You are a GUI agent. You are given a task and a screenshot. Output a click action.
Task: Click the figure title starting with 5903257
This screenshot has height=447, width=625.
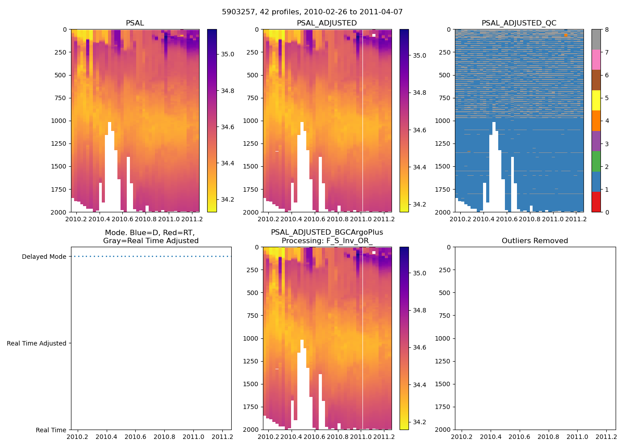[312, 12]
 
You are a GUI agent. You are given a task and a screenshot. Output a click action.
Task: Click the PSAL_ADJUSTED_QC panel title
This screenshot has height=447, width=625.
[519, 23]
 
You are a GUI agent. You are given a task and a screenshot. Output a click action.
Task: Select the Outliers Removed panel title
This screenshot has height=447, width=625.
[535, 241]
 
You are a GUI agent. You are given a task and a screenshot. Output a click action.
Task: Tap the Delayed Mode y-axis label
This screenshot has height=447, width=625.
[44, 257]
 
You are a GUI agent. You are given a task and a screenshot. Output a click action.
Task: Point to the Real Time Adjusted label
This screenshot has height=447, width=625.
[37, 343]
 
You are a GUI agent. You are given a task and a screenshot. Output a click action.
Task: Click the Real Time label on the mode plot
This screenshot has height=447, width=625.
[51, 430]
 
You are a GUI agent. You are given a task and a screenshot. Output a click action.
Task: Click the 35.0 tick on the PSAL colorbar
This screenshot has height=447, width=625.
[228, 54]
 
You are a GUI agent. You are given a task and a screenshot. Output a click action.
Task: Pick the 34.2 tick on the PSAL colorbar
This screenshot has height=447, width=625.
[228, 199]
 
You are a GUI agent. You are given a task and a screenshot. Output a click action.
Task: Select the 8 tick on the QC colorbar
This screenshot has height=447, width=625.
[607, 30]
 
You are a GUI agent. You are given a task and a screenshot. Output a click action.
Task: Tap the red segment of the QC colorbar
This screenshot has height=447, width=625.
[596, 202]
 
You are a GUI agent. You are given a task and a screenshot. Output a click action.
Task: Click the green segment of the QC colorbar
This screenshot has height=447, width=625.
[596, 161]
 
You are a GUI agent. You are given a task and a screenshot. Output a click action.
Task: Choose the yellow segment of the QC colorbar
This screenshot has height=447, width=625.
[596, 101]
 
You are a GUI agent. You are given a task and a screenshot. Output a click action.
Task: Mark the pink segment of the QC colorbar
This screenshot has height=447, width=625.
[596, 60]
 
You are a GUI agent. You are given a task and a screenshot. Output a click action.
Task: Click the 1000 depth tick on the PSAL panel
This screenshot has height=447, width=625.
[59, 121]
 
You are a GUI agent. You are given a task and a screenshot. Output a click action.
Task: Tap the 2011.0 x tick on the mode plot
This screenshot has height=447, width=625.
[193, 437]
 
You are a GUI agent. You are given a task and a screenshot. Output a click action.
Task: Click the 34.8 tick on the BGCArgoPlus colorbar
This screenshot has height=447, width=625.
[420, 310]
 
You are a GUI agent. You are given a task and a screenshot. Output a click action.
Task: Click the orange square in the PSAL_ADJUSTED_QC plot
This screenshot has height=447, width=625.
[566, 35]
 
